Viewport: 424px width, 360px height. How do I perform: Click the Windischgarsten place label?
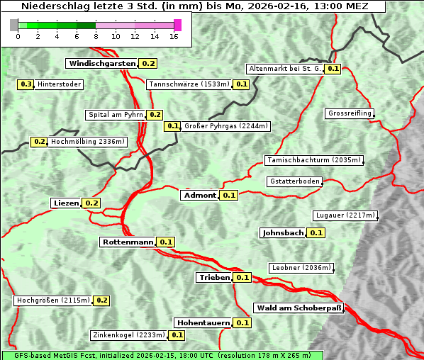(102, 63)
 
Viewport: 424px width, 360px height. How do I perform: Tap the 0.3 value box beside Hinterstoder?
(26, 84)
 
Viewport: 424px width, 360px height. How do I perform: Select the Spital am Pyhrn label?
(116, 114)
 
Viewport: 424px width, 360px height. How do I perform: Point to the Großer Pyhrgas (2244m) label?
(225, 126)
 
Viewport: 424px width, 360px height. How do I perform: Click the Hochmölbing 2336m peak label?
(87, 141)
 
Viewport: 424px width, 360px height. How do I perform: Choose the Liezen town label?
(66, 203)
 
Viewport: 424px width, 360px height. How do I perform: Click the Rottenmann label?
(128, 242)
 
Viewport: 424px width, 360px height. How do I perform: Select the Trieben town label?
(214, 277)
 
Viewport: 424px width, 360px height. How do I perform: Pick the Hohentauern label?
(203, 322)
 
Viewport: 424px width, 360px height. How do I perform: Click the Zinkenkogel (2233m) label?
(128, 334)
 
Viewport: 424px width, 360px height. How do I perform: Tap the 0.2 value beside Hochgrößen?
(101, 300)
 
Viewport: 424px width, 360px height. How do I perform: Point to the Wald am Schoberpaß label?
(299, 308)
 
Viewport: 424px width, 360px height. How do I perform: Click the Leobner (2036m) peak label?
(301, 267)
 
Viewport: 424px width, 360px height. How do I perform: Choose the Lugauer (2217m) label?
(345, 215)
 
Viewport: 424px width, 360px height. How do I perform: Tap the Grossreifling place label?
(350, 113)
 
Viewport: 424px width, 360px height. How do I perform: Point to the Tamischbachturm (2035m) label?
(313, 160)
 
